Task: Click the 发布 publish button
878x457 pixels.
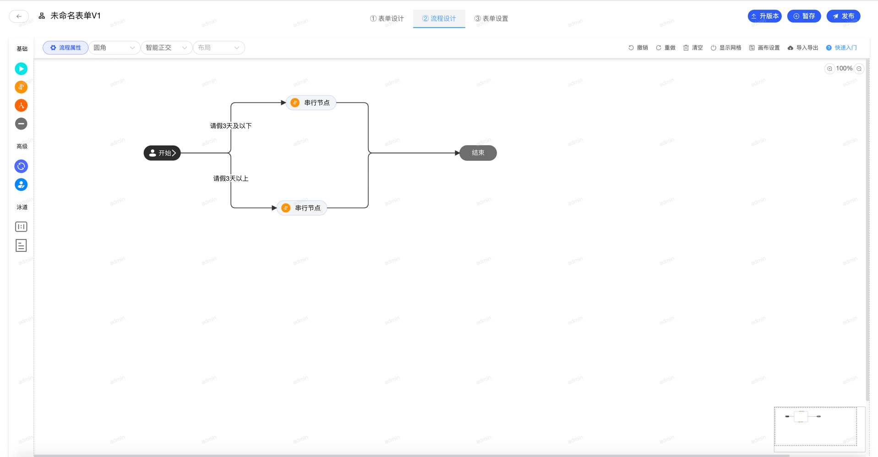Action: pos(843,16)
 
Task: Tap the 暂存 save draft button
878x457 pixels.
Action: pos(804,16)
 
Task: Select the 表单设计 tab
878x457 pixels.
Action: pos(387,18)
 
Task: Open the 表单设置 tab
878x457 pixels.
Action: pos(491,18)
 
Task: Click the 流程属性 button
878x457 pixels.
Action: pos(65,48)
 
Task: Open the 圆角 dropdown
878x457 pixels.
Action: pos(114,48)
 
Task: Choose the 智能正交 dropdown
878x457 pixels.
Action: pos(166,48)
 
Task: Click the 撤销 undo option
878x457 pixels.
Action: pos(638,48)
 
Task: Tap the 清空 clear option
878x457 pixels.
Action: pos(693,48)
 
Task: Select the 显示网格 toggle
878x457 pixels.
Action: pos(726,48)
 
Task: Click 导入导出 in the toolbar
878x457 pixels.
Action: pos(803,48)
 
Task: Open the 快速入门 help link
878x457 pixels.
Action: pos(841,48)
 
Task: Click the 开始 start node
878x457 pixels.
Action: pos(162,153)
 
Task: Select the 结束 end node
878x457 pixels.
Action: pos(478,153)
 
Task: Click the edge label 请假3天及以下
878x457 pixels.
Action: pos(231,126)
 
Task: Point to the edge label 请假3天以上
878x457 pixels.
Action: pos(231,179)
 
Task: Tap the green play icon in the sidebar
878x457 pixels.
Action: pos(21,69)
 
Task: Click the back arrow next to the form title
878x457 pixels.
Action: pos(19,16)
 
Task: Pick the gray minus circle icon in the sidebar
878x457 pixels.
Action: pos(21,124)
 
